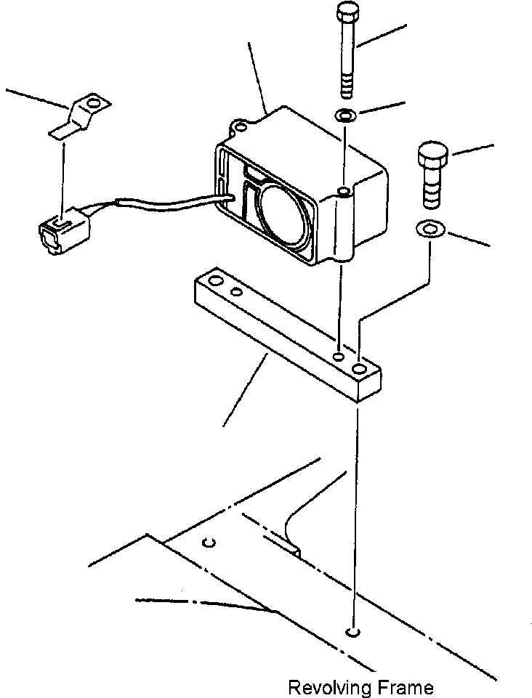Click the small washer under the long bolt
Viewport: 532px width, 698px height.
344,115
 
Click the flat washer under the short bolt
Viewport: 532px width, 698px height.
430,230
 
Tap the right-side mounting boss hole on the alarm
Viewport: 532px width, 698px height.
342,192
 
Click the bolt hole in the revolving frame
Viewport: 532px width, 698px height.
353,632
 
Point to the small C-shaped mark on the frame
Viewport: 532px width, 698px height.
209,542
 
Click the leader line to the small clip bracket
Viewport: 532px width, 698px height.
36,98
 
